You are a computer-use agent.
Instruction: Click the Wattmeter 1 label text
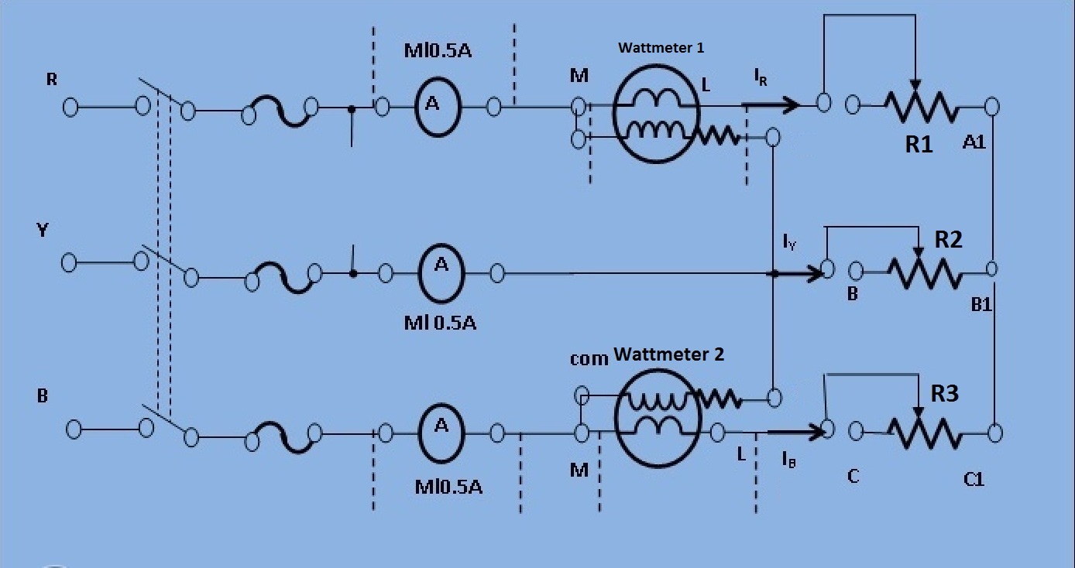click(661, 47)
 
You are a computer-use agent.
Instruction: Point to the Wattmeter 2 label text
click(668, 354)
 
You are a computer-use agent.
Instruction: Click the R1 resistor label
click(919, 144)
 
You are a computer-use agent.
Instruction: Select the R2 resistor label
click(948, 239)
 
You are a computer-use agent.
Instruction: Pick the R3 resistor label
click(944, 393)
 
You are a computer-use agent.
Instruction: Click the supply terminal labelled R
click(70, 107)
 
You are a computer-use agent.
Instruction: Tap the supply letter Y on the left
click(43, 230)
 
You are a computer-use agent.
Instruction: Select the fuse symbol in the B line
click(283, 437)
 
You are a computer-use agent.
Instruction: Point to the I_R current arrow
click(771, 104)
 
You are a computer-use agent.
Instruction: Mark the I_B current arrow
click(795, 432)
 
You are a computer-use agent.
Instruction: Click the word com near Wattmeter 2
click(589, 358)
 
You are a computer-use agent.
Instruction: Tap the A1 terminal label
click(974, 142)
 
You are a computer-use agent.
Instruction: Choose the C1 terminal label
click(974, 479)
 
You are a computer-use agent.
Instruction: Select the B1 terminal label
click(981, 304)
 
